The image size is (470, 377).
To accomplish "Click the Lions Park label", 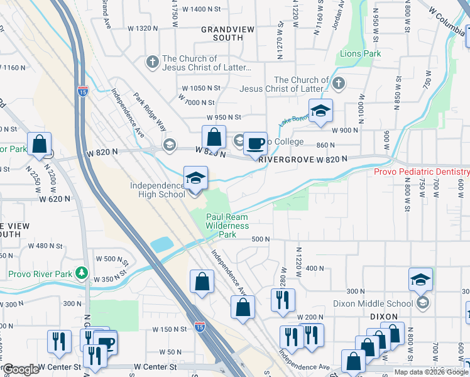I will click(360, 54).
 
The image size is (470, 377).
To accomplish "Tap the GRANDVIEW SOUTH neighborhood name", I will click(222, 33).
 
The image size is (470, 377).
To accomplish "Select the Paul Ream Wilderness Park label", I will click(227, 226).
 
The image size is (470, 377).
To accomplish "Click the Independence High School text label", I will click(158, 190).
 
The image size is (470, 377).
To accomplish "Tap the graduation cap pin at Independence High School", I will click(195, 179).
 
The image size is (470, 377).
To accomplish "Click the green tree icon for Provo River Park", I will click(80, 273).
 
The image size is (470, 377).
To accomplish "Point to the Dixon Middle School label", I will click(382, 303).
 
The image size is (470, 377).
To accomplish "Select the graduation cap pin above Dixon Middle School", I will click(420, 280).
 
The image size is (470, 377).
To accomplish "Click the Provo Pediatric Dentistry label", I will click(421, 172).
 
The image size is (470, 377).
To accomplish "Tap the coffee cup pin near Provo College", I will click(255, 144).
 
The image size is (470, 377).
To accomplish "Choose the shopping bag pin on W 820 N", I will click(214, 138).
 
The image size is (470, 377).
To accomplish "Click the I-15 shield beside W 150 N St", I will click(199, 327).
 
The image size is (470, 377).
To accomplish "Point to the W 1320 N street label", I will click(143, 28).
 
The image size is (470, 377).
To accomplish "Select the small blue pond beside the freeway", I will click(161, 243).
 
